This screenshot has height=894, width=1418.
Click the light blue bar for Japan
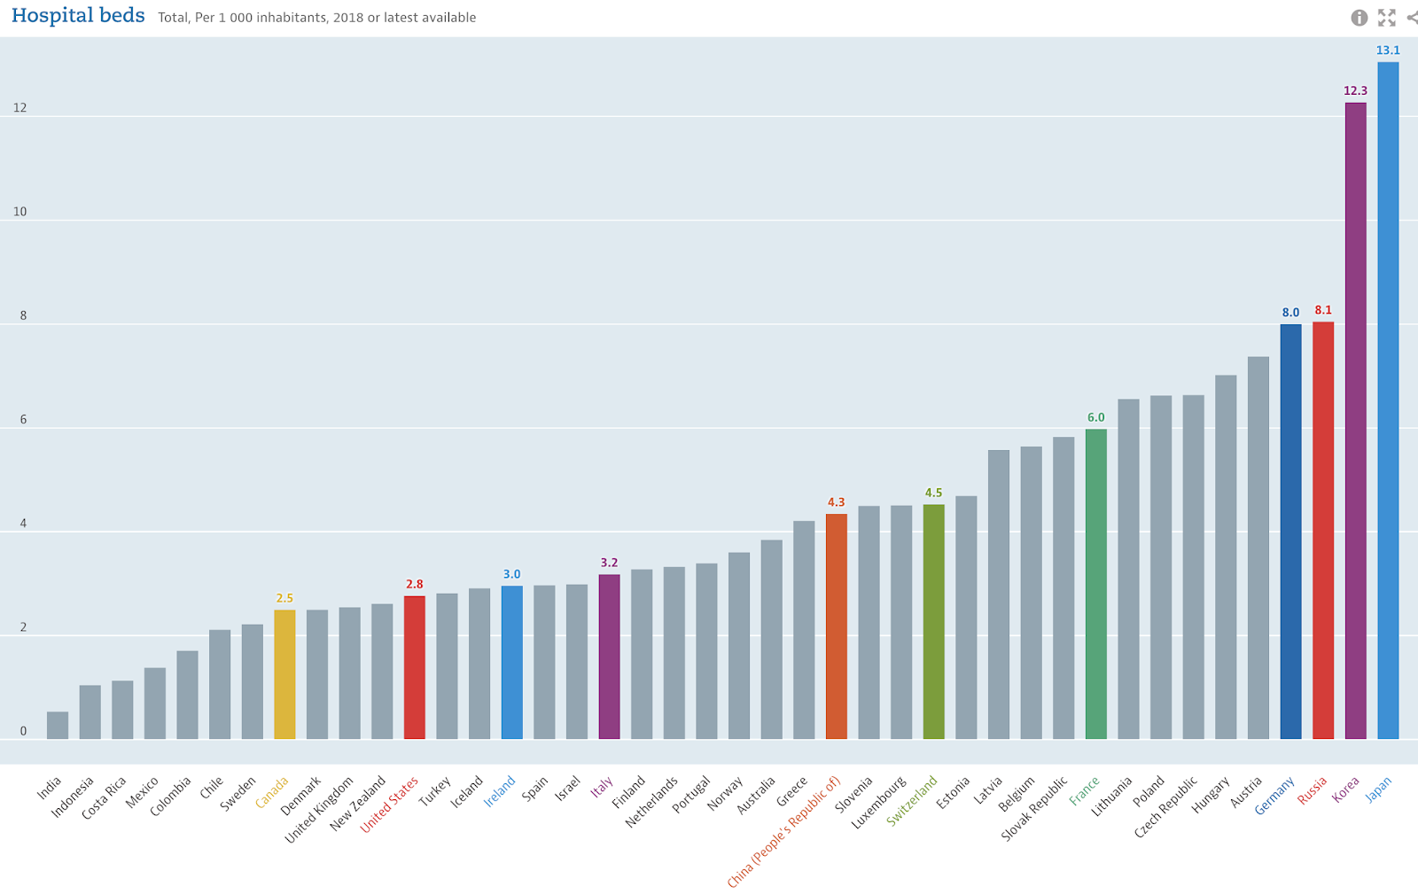point(1388,399)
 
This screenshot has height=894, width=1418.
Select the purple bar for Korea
point(1355,421)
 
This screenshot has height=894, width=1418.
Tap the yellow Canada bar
point(284,673)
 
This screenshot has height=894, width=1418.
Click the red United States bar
point(414,667)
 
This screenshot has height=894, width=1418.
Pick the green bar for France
point(1095,585)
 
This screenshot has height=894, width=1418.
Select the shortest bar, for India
point(58,726)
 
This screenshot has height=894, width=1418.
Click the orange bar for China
point(836,626)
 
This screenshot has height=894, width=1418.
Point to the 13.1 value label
point(1388,51)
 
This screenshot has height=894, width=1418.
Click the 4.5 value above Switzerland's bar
point(933,493)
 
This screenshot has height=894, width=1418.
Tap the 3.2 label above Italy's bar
point(609,563)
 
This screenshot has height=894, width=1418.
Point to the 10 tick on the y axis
point(19,212)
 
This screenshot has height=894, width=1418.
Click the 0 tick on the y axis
point(23,731)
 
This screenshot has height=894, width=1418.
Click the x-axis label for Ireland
point(499,792)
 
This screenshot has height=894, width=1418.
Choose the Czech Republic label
point(1165,807)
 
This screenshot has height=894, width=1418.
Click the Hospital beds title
point(78,16)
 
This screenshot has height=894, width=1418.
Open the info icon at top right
point(1359,18)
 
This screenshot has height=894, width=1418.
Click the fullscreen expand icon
point(1387,18)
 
